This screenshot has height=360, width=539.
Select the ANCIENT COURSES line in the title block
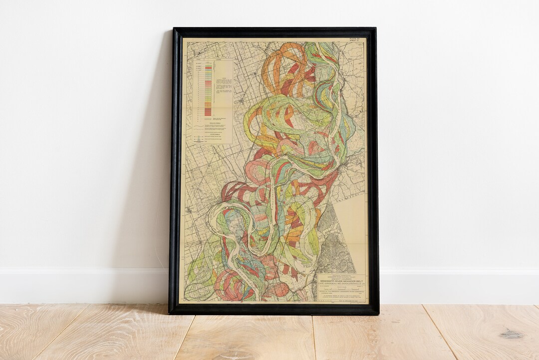click(x=342, y=278)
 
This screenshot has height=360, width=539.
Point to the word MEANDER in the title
click(x=352, y=281)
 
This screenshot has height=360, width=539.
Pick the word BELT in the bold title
click(x=362, y=281)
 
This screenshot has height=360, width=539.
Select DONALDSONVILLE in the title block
click(x=354, y=284)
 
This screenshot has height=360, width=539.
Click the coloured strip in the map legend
click(x=208, y=90)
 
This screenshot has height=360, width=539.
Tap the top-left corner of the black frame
click(x=173, y=29)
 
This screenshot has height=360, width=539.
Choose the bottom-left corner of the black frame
click(x=170, y=313)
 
